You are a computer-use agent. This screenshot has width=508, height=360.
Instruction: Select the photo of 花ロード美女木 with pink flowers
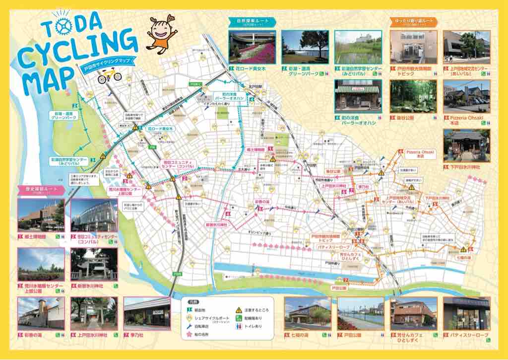pyautogui.click(x=252, y=47)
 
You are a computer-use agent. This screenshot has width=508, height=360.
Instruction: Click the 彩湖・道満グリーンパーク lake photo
pyautogui.click(x=305, y=47)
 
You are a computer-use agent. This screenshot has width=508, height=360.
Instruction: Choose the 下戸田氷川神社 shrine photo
pyautogui.click(x=466, y=146)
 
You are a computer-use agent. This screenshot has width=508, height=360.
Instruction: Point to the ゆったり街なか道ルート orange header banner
pyautogui.click(x=413, y=22)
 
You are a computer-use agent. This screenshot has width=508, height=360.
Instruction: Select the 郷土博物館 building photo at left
pyautogui.click(x=41, y=215)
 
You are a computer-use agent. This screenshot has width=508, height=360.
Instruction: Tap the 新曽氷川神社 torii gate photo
pyautogui.click(x=94, y=264)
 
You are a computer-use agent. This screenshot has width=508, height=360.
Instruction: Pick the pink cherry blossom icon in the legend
pyautogui.click(x=189, y=336)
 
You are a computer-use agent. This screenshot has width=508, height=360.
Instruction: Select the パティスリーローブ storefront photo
pyautogui.click(x=466, y=313)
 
